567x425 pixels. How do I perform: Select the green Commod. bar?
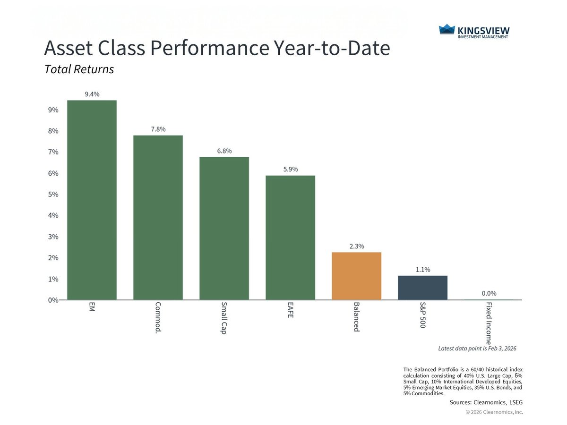point(158,217)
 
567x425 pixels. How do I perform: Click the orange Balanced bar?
point(356,276)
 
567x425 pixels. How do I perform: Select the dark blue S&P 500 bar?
point(422,288)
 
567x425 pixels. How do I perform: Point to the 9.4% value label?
point(92,94)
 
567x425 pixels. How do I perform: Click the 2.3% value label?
point(356,246)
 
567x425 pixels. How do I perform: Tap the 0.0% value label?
point(489,293)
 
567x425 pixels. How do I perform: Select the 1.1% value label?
point(422,270)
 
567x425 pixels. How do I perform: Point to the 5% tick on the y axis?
point(52,194)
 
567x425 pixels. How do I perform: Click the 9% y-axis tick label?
point(52,110)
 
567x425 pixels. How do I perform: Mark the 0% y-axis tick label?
point(52,300)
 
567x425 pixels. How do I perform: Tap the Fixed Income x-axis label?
point(489,323)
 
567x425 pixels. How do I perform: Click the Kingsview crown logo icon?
point(447,30)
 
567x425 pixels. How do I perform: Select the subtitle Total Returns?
point(79,69)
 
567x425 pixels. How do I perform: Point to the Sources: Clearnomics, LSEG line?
point(486,402)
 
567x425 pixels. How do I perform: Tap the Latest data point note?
point(477,348)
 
